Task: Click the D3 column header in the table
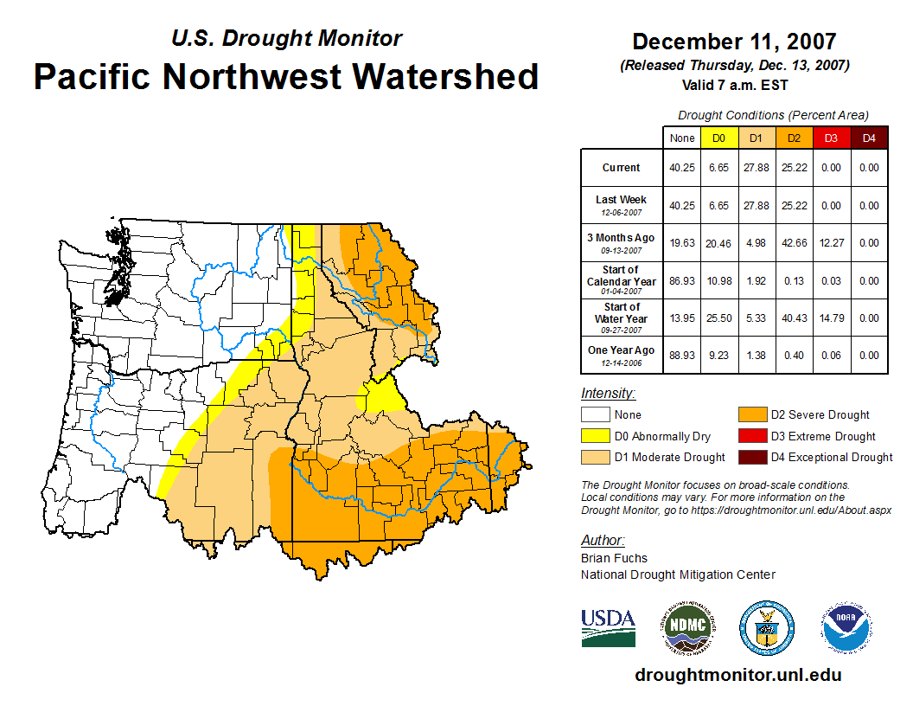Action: pyautogui.click(x=831, y=138)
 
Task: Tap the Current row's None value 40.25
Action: pyautogui.click(x=682, y=168)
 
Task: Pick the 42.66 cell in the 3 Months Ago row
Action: pyautogui.click(x=794, y=243)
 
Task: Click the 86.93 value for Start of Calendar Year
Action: pyautogui.click(x=682, y=281)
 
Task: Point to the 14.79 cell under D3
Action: pyautogui.click(x=831, y=318)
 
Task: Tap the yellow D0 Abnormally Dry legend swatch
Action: pyautogui.click(x=596, y=437)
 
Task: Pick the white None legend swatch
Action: pyautogui.click(x=596, y=415)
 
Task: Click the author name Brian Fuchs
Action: pyautogui.click(x=614, y=558)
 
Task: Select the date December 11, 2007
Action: pyautogui.click(x=734, y=42)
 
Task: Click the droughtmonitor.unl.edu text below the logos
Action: pyautogui.click(x=737, y=675)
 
